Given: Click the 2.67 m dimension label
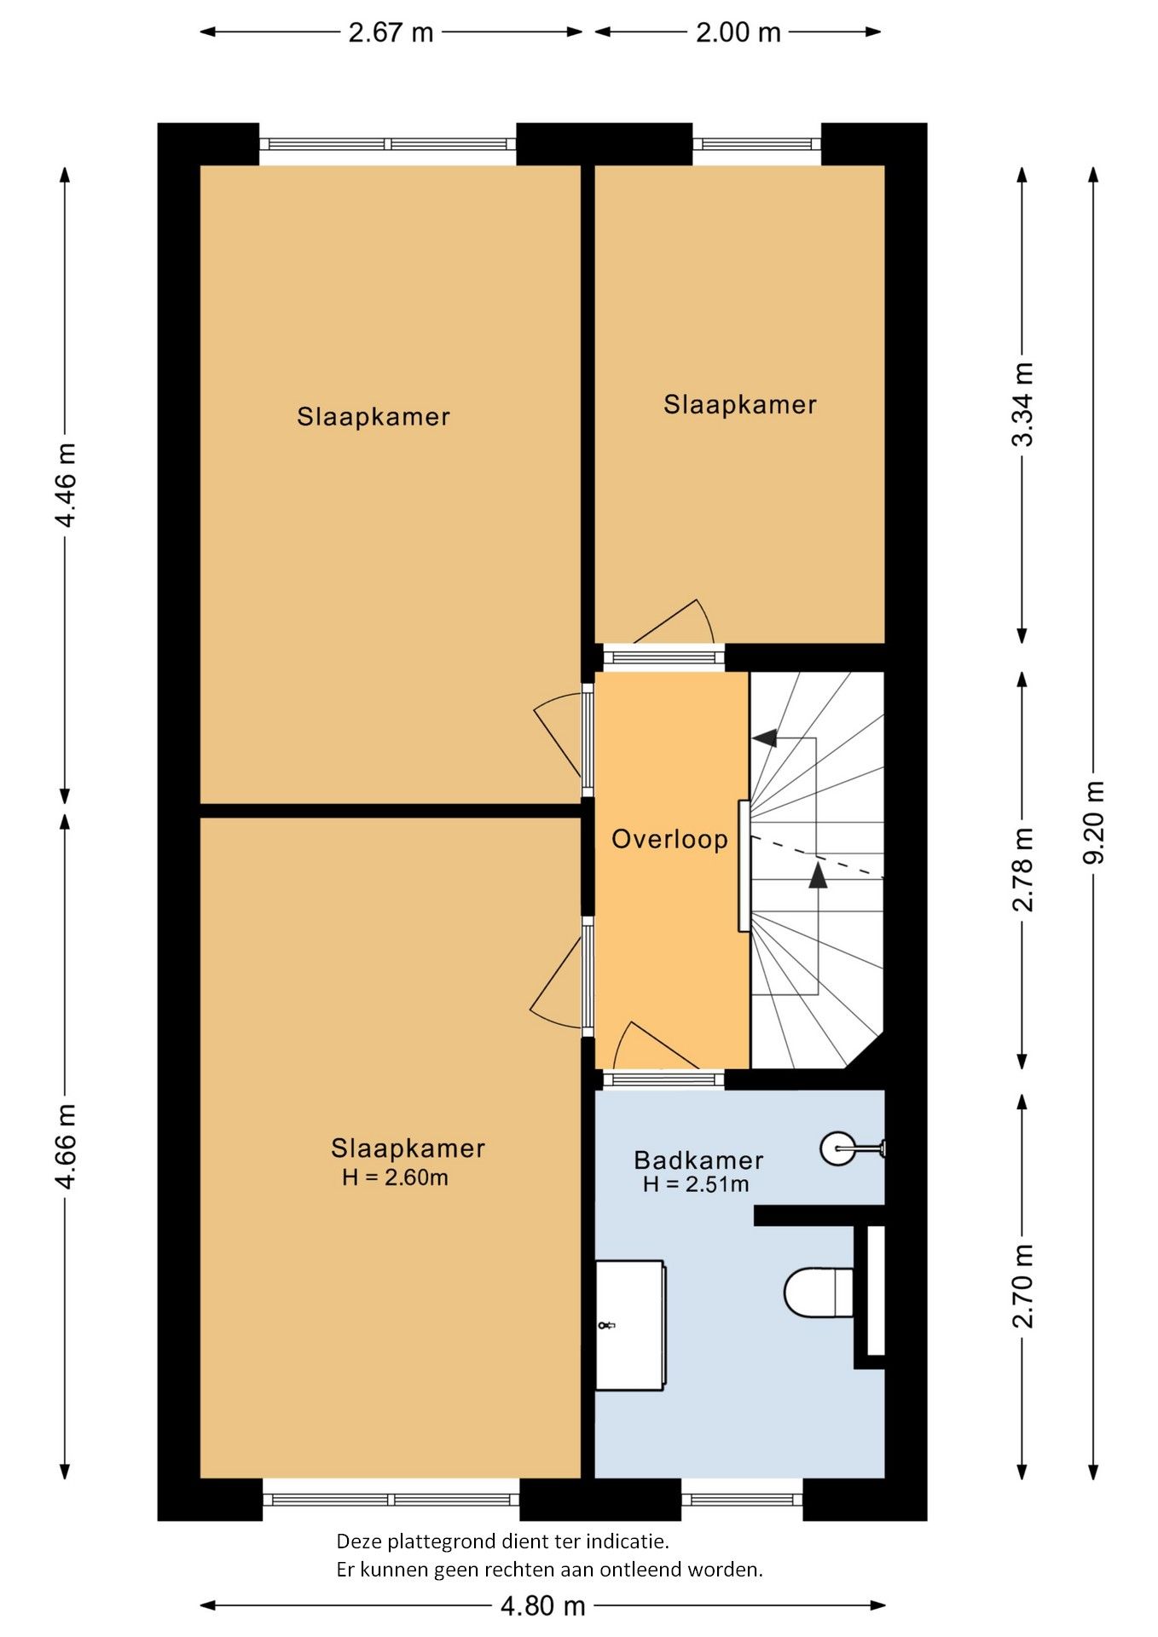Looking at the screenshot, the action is pos(391,32).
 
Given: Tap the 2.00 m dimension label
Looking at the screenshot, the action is pos(738,32).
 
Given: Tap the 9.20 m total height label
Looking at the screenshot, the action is pos(1093,822).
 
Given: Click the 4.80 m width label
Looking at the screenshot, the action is pos(542,1606).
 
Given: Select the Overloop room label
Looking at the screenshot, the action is pos(669,839).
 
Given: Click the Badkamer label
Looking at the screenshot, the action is pos(698,1160).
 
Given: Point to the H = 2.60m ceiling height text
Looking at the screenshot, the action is pos(395,1177).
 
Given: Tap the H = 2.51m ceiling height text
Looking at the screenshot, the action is pos(696,1184).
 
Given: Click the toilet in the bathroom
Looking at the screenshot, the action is pos(819,1292).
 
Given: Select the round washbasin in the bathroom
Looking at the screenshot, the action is pos(838,1148).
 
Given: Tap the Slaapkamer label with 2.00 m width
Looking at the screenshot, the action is pos(740,404).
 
